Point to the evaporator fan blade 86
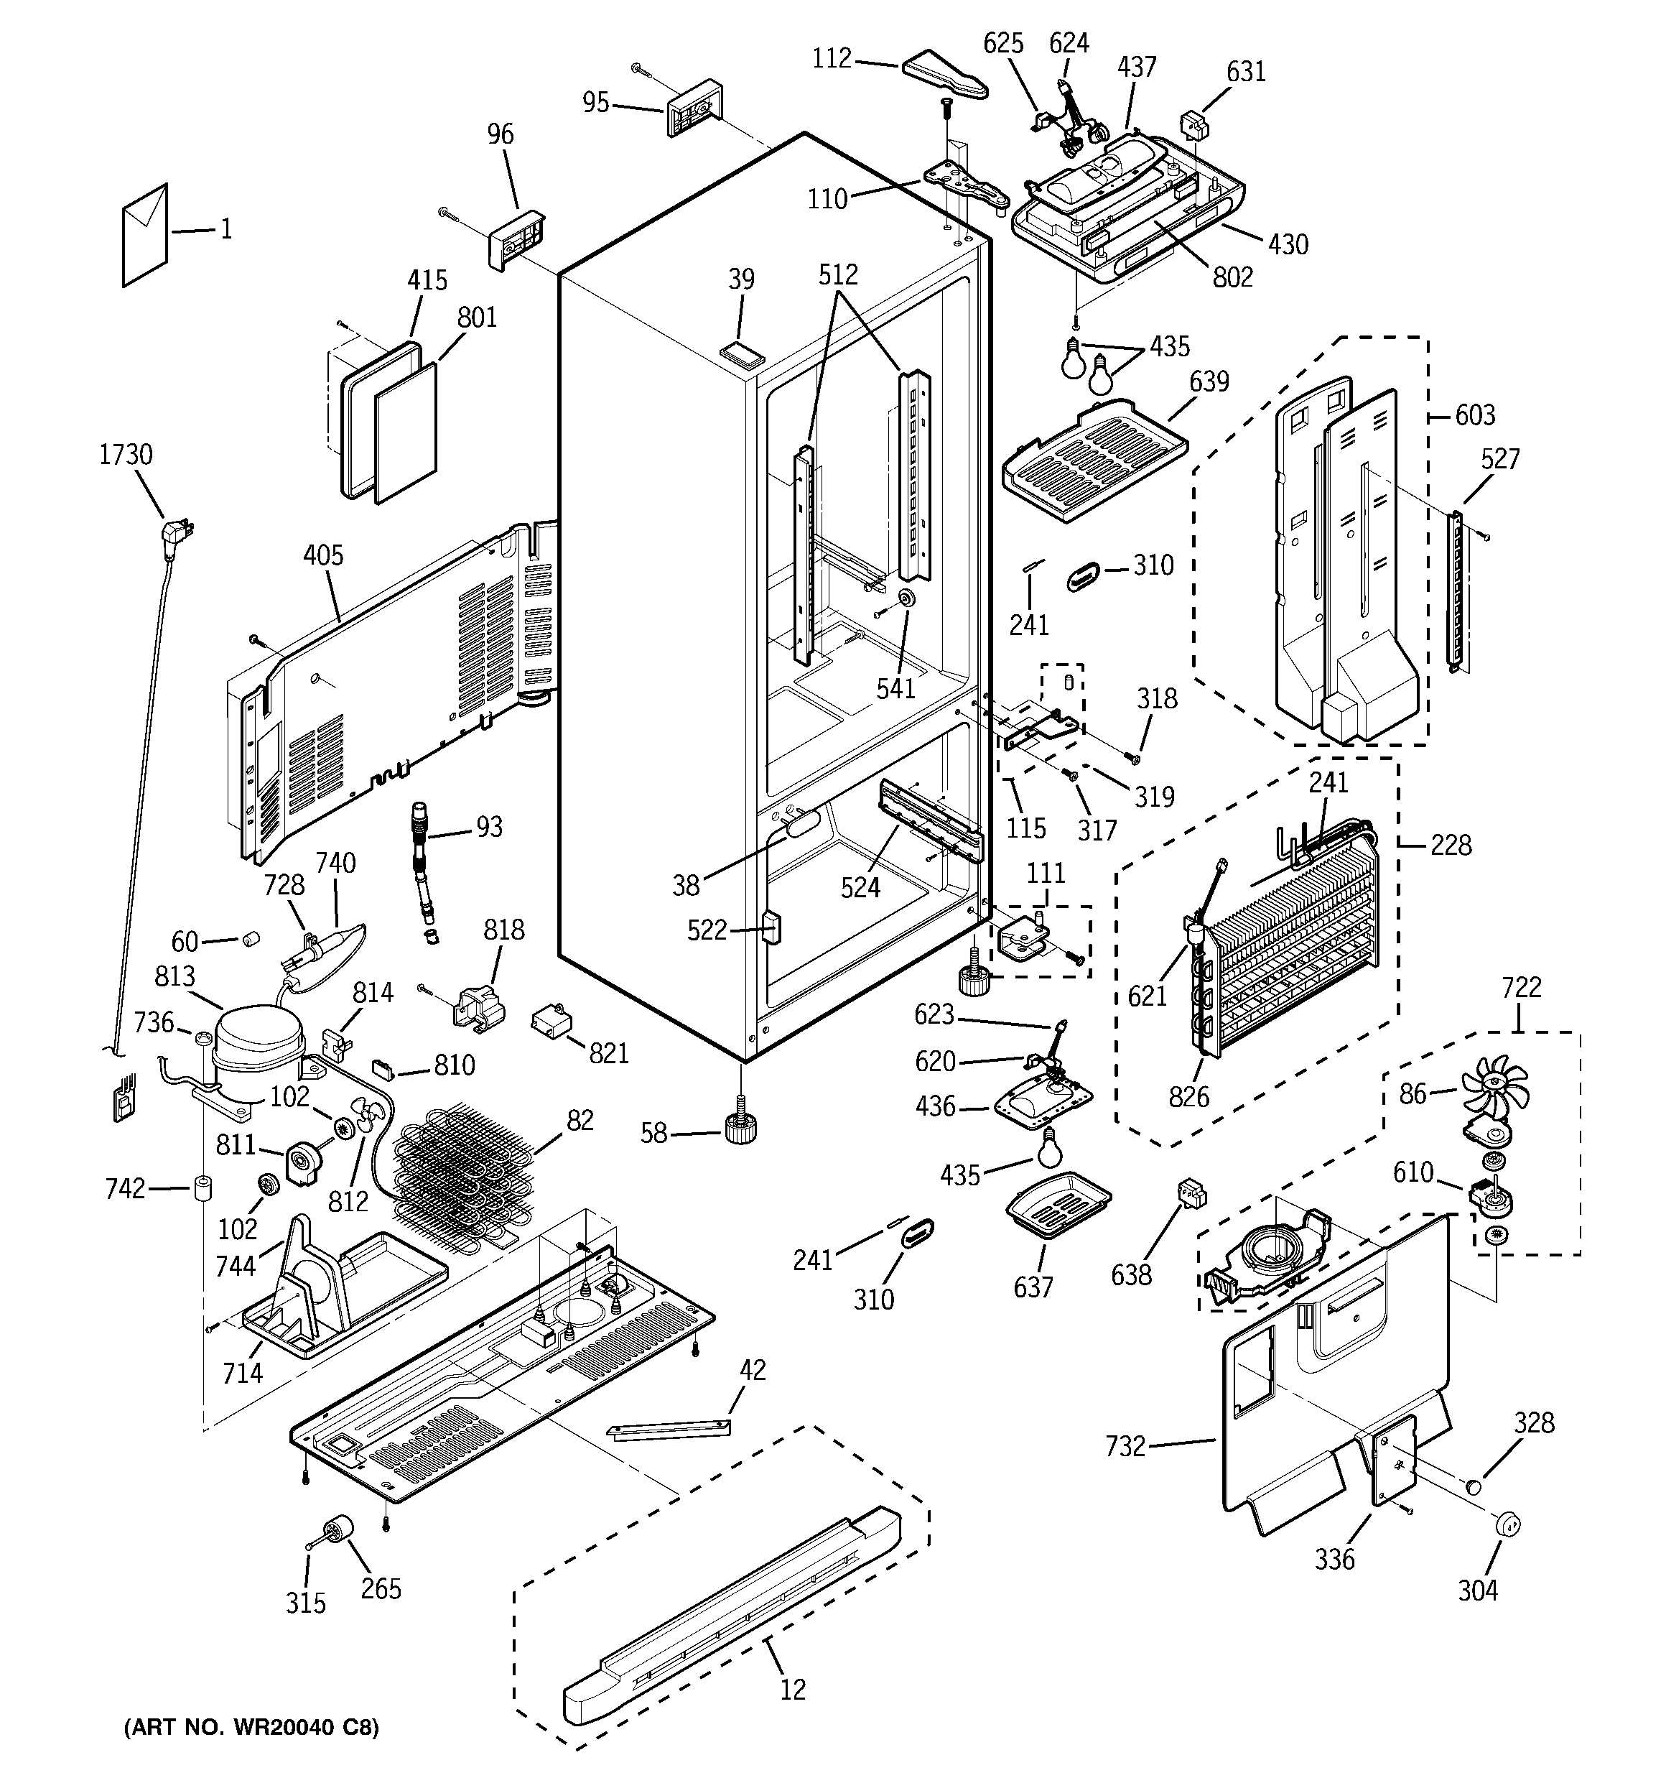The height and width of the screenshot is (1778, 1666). (1494, 1092)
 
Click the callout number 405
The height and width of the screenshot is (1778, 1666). (323, 555)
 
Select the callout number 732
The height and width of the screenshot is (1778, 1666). (1125, 1445)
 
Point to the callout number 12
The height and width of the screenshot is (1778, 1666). (792, 1689)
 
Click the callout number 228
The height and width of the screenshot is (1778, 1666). (1451, 844)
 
